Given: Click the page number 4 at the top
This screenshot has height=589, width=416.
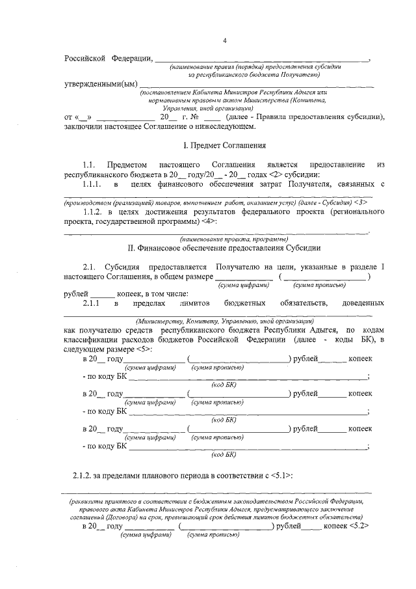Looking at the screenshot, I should pos(224,41).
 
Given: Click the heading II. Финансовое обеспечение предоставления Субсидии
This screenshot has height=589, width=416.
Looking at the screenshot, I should pos(224,248).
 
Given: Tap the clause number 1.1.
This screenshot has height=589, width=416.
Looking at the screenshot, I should pos(90,165).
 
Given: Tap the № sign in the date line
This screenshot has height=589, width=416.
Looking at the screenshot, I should pos(193,117).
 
